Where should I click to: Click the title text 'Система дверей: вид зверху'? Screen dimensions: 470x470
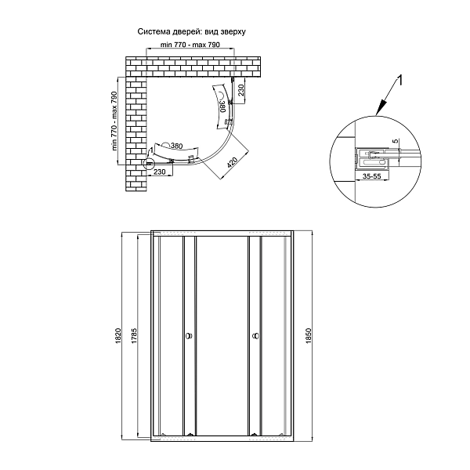coord(192,32)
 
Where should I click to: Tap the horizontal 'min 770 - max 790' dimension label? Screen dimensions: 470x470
coord(190,45)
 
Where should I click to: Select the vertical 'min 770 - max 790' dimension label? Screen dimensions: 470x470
coord(114,121)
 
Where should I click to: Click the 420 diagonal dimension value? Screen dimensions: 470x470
coord(233,162)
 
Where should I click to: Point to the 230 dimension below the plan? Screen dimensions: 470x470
coord(160,172)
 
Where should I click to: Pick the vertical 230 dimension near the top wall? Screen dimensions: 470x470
coord(241,90)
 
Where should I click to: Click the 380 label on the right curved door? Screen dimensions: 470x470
coord(222,106)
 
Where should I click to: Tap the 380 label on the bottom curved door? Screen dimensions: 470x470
coord(176,146)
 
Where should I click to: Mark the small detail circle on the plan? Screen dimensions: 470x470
coord(149,164)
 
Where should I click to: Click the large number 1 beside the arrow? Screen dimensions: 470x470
coord(399,81)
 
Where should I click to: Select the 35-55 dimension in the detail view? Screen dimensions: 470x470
coord(371,176)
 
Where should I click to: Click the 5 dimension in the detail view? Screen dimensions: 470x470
coord(396,141)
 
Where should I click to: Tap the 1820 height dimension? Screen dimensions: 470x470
coord(118,336)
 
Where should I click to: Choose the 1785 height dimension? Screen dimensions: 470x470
coord(134,336)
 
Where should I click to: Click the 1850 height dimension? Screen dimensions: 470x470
coord(309,336)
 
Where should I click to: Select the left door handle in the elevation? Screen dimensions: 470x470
coord(189,336)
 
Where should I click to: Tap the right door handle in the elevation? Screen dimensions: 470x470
coord(255,336)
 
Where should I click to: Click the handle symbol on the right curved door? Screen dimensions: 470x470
coord(221,95)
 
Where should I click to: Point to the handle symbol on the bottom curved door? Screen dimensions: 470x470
coord(167,145)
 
